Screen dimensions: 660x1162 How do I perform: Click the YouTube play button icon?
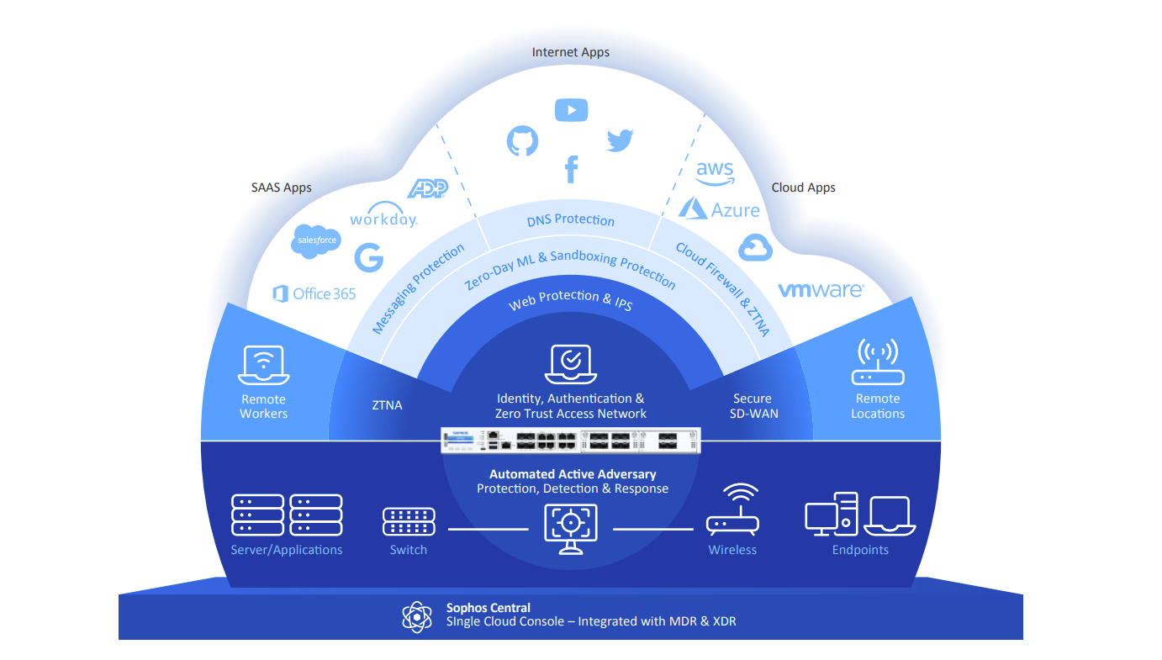click(571, 109)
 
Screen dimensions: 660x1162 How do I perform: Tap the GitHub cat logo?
click(521, 141)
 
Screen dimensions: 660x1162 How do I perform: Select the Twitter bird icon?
click(620, 140)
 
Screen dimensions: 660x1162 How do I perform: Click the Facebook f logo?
click(571, 169)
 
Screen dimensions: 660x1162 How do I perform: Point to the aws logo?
click(715, 172)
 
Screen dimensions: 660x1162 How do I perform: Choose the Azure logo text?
click(719, 209)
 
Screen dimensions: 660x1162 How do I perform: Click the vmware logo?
click(820, 290)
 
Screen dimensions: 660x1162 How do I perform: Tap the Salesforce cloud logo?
click(316, 240)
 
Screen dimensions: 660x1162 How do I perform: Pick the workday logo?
click(383, 216)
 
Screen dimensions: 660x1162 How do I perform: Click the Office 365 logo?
click(314, 293)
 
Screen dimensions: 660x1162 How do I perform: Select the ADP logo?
click(427, 188)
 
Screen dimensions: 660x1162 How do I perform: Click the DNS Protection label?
click(571, 220)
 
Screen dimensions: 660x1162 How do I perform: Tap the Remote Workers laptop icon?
click(263, 363)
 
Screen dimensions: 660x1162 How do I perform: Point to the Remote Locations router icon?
click(877, 362)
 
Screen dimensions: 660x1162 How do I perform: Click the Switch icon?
click(409, 521)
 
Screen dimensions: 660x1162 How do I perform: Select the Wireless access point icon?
click(732, 510)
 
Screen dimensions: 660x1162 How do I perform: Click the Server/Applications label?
click(287, 550)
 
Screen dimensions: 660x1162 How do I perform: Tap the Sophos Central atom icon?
click(416, 615)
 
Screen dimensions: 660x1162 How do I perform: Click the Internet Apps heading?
click(571, 52)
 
